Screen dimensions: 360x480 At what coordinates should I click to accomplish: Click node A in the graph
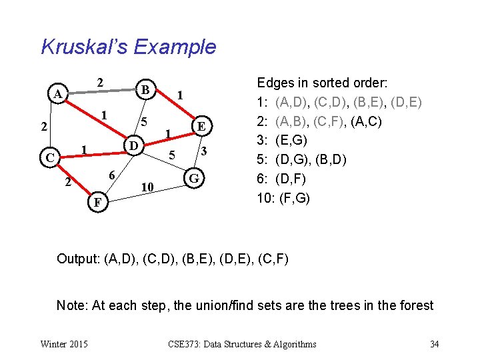coord(59,95)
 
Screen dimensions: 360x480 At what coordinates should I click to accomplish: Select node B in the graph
coord(145,89)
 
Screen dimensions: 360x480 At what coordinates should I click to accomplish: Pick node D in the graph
coord(133,145)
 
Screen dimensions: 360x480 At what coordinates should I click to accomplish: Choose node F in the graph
coord(98,201)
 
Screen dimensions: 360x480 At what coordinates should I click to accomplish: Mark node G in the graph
coord(194,179)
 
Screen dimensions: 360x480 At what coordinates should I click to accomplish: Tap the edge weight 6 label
coord(113,175)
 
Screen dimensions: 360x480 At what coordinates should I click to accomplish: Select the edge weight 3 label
coord(206,153)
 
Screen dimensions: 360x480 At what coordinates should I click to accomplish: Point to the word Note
coord(71,305)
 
